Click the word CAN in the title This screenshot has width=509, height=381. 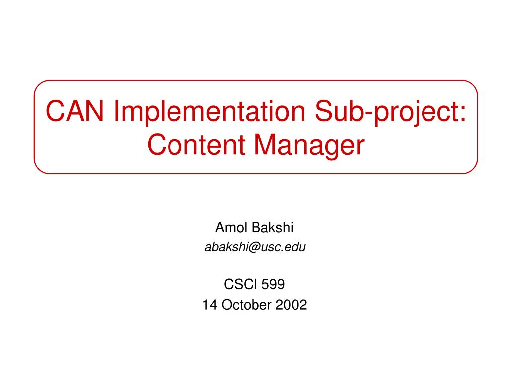(75, 111)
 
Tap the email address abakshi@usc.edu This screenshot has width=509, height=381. (255, 247)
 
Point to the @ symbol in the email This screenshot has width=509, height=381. (254, 248)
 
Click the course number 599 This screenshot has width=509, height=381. (273, 284)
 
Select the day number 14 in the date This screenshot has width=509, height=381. (210, 305)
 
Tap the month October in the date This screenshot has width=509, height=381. (247, 305)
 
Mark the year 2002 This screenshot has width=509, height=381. (291, 305)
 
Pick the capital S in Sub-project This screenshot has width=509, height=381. (325, 111)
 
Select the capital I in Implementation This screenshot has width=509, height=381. (116, 111)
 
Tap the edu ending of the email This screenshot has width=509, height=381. (295, 247)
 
